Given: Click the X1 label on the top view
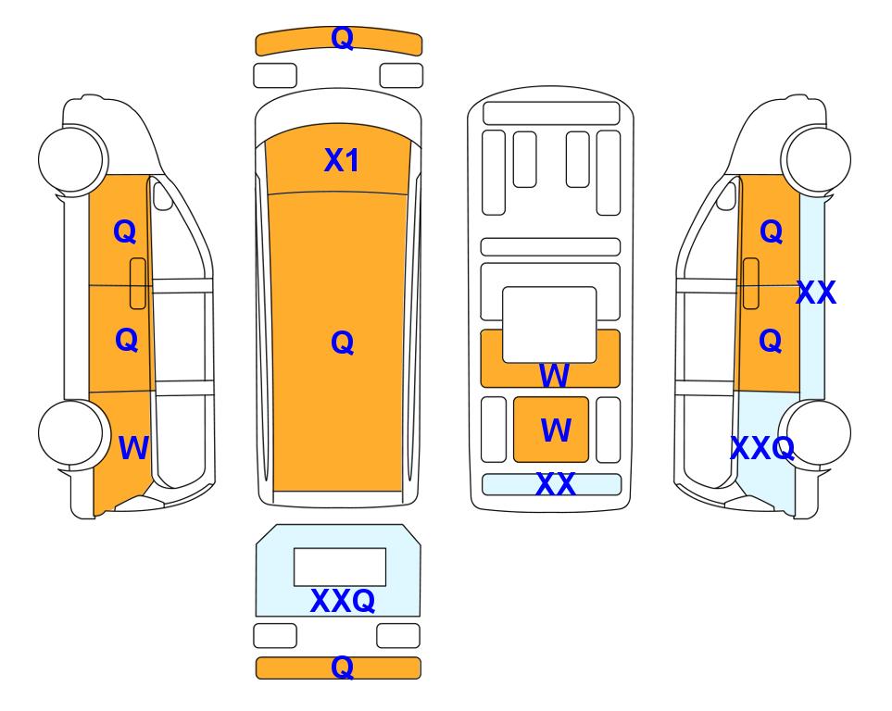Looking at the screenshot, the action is [341, 160].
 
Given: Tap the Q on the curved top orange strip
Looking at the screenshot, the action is [342, 38].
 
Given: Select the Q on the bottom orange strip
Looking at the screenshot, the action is [342, 667].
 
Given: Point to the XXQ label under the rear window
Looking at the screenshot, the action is [343, 601].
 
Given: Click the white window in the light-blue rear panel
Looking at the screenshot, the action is [340, 568].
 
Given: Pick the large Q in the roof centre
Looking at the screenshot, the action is [342, 343].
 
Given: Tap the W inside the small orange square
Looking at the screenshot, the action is [556, 430].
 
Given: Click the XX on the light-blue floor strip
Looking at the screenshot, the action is [556, 484].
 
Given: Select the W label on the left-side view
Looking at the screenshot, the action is [133, 448].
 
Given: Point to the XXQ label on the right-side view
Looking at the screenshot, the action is [762, 448].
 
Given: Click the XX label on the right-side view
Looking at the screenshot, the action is [816, 293].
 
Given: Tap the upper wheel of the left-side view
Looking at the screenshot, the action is [72, 158].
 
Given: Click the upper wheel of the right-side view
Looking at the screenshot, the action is [816, 158].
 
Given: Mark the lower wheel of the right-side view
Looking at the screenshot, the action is [816, 433].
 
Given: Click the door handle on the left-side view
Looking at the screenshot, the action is [138, 283].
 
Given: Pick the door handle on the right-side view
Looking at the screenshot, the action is [751, 283].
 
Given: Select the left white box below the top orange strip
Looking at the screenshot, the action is [275, 76].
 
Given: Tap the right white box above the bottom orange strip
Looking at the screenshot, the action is [398, 635].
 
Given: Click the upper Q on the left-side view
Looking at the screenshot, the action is [125, 231].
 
